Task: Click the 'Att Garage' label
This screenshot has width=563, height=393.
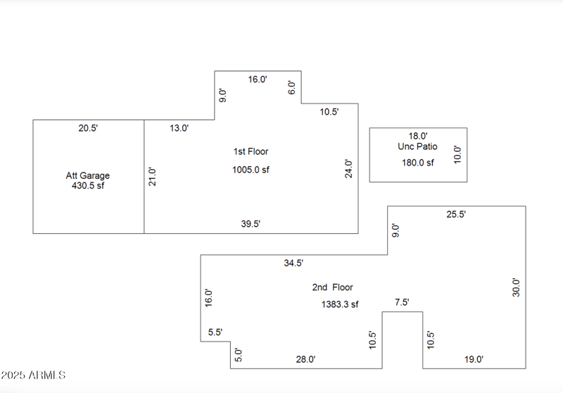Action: point(88,175)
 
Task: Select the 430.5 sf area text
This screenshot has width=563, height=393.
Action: point(88,187)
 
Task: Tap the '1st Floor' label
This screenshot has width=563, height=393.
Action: point(251,151)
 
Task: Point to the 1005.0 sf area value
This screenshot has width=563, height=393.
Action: point(251,170)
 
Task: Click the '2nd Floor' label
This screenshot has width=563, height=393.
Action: point(332,287)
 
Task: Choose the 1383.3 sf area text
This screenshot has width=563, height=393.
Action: point(340,304)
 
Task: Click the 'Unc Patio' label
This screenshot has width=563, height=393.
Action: point(417,146)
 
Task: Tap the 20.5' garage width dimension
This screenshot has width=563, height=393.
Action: point(88,128)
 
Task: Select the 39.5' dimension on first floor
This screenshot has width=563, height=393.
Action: point(251,224)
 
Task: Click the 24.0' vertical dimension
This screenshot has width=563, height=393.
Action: point(348,168)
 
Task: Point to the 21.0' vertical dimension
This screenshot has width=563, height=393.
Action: point(151,176)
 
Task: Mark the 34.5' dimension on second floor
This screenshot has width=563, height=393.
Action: point(293,263)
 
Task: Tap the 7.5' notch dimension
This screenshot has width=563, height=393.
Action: point(402,302)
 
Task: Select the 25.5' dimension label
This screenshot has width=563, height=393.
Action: point(456,214)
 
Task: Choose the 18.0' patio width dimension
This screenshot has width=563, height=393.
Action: point(418,136)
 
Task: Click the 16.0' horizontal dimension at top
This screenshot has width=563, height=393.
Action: point(258,80)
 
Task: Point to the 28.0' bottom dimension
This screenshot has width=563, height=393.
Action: point(305,359)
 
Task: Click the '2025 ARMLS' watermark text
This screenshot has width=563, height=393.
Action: point(33,375)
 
